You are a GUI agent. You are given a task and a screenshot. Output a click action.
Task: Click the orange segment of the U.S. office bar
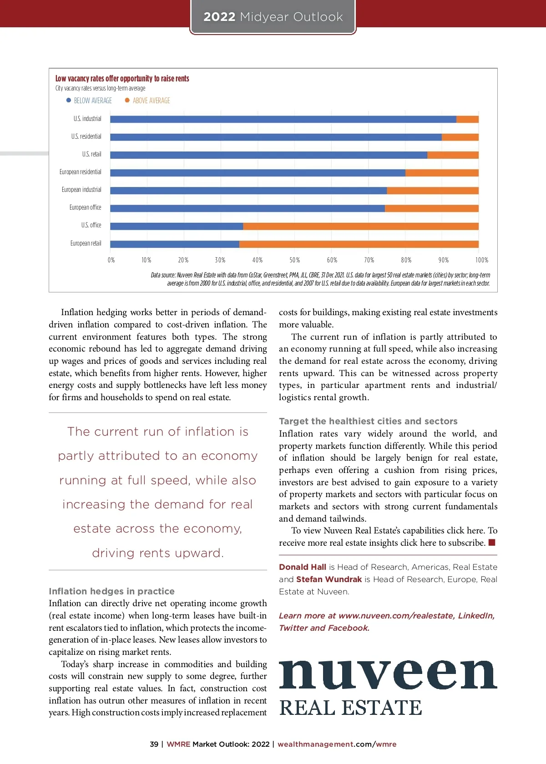360,226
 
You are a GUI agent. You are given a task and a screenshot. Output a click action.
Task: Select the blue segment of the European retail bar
174,244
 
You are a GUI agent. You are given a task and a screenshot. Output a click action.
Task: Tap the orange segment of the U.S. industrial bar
467,119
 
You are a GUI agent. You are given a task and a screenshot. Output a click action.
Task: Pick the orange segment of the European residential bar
442,173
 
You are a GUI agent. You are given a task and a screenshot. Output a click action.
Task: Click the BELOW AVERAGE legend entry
89,101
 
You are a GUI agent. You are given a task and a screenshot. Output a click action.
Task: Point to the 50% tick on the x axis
294,260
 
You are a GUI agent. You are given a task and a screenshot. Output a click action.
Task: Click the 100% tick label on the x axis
481,260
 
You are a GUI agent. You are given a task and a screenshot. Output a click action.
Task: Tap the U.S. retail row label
91,154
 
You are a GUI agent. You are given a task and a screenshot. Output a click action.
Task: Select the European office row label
85,207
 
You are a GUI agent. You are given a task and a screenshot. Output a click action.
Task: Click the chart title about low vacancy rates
122,79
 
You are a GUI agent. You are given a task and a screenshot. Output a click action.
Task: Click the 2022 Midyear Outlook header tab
273,17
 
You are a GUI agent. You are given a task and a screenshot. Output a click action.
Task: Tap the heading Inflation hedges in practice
111,591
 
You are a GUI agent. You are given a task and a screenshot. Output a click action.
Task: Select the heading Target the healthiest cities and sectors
368,421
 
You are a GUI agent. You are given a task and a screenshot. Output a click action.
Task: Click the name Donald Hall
303,567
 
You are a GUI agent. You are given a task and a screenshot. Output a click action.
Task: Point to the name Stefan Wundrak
329,579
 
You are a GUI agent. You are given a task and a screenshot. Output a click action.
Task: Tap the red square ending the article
492,543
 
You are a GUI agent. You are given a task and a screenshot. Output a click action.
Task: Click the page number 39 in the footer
154,744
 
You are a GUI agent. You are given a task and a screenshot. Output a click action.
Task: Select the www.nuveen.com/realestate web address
396,616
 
